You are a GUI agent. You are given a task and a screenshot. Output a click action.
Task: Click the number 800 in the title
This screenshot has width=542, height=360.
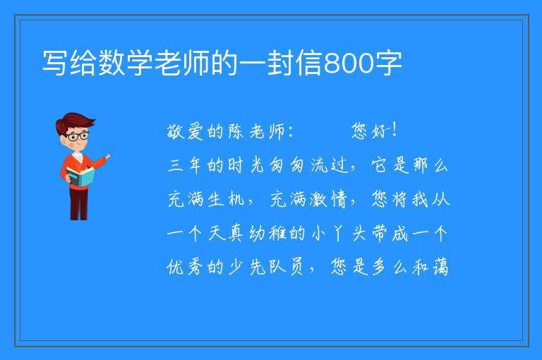[x=349, y=64]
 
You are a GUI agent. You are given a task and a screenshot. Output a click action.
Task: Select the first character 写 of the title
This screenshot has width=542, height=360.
[x=56, y=63]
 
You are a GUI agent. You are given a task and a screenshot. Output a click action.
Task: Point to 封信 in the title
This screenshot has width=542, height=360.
[x=294, y=63]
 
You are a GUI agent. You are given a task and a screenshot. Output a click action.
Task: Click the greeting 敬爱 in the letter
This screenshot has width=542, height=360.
[x=185, y=131]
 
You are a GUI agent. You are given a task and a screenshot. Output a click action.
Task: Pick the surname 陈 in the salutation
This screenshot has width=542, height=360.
[x=236, y=131]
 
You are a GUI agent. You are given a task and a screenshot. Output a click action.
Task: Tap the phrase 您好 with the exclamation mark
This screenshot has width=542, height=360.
[x=373, y=131]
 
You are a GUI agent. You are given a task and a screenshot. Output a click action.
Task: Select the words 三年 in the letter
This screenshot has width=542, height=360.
[x=185, y=165]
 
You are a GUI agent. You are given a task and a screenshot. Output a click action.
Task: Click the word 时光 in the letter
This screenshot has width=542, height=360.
[x=246, y=165]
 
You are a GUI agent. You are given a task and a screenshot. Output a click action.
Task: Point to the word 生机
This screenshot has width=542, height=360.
[x=227, y=199]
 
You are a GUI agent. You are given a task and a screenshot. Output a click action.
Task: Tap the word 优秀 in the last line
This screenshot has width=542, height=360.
[x=185, y=267]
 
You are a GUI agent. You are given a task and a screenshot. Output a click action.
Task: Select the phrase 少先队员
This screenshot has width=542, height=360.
[x=267, y=267]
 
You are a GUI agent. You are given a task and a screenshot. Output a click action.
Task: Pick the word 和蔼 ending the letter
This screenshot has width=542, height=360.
[x=430, y=267]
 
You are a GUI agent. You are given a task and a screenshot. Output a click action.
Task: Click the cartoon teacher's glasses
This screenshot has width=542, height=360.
[x=78, y=136]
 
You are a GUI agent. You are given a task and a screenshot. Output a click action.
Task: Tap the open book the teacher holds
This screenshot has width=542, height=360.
[x=80, y=176]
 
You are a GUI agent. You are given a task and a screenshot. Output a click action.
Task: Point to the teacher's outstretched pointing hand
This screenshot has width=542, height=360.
[x=108, y=157]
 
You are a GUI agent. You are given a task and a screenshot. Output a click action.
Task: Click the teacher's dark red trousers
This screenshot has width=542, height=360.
[x=78, y=204]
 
